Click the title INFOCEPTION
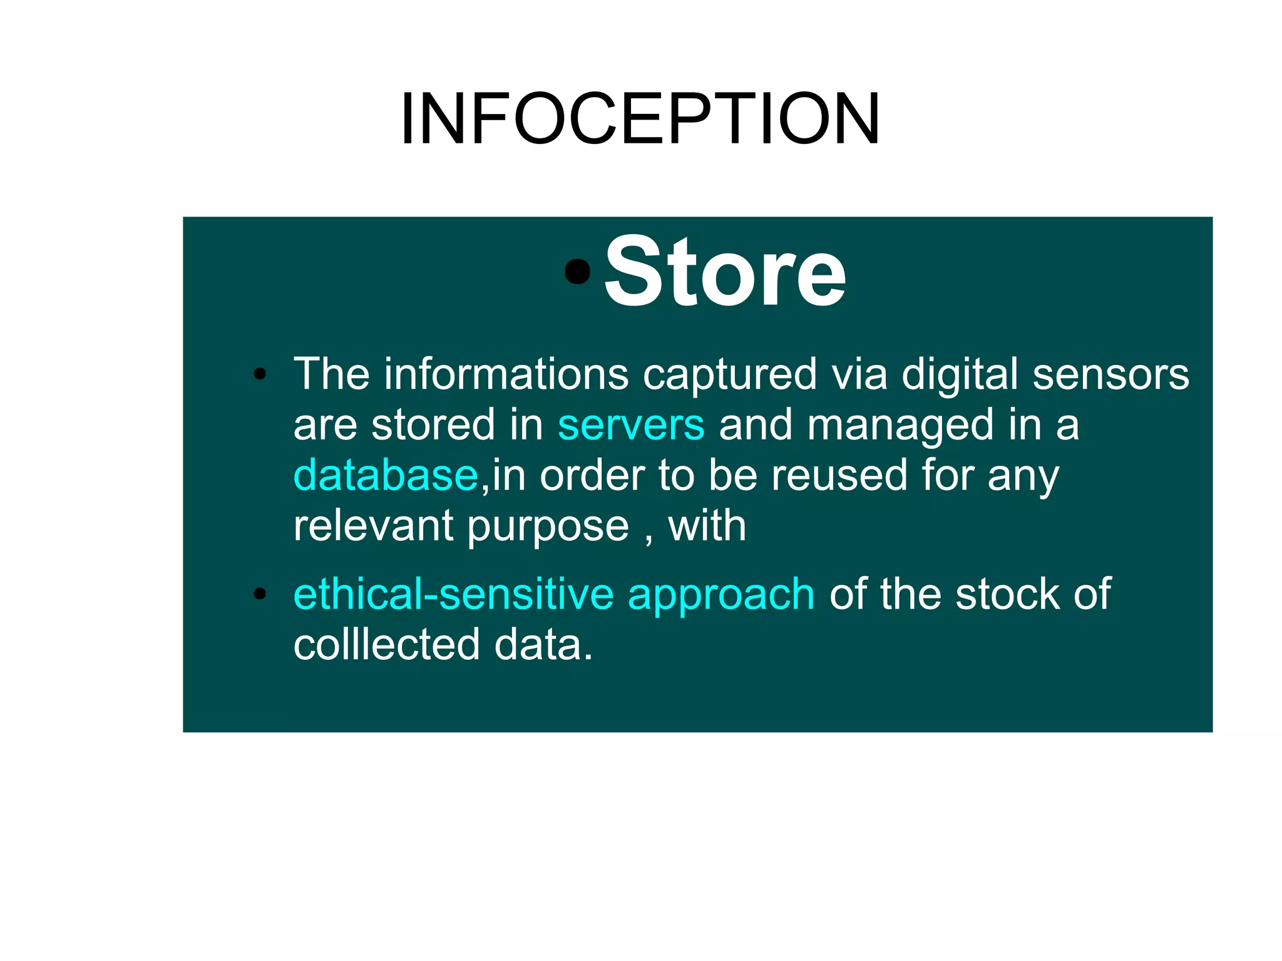click(x=640, y=119)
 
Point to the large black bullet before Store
click(x=577, y=271)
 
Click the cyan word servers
click(x=630, y=424)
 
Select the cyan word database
click(x=386, y=475)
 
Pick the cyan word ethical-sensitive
click(x=453, y=594)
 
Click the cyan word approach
click(x=720, y=595)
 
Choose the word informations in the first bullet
click(x=506, y=374)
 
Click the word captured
click(x=729, y=376)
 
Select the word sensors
click(x=1110, y=374)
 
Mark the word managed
click(x=900, y=426)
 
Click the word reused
click(x=838, y=475)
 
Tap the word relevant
click(x=372, y=525)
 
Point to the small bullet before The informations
click(x=260, y=374)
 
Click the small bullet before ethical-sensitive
click(x=260, y=594)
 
